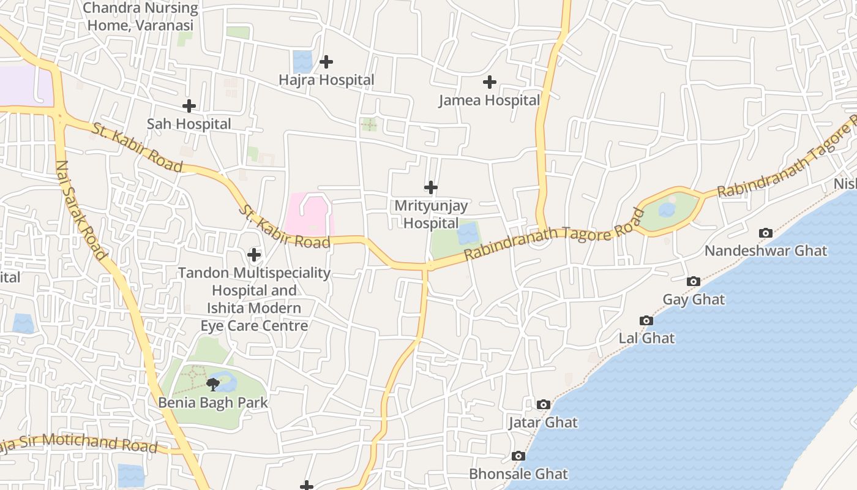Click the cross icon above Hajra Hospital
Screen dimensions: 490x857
[x=326, y=62]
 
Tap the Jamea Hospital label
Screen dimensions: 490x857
[x=489, y=100]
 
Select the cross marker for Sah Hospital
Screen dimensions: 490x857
[x=189, y=106]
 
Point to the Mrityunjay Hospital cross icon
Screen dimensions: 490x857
[x=431, y=187]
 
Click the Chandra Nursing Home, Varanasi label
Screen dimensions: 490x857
[x=140, y=17]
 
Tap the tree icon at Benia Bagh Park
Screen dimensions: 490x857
[x=212, y=385]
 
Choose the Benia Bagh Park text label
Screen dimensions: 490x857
[x=213, y=403]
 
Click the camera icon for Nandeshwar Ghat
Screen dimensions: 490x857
[x=765, y=233]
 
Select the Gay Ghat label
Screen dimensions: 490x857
[x=694, y=300]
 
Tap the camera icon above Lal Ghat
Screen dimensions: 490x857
[x=646, y=320]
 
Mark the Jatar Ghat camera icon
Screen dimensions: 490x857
[x=543, y=404]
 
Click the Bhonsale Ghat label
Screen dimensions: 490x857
[x=518, y=474]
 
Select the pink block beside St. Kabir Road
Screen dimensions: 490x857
[x=308, y=214]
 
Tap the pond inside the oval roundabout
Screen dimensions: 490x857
[x=667, y=210]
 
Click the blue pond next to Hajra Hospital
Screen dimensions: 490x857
[x=302, y=62]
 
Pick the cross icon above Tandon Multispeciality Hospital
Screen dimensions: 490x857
[x=254, y=254]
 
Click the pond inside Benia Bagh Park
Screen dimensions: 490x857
[x=226, y=382]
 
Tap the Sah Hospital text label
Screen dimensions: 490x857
[x=189, y=124]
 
